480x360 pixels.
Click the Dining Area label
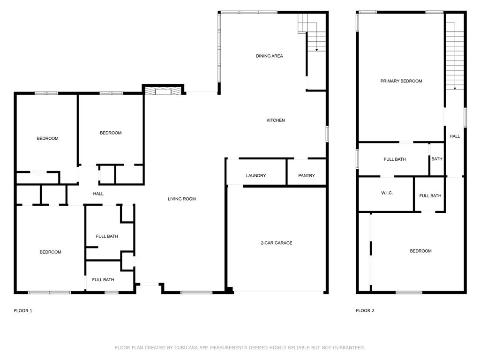point(269,56)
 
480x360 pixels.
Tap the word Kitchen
point(276,120)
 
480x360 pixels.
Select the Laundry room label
point(256,176)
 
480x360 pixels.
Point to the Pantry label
point(307,176)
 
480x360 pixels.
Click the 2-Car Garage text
point(277,243)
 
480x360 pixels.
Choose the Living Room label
point(182,199)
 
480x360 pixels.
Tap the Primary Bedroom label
point(401,81)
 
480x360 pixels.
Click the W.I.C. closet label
point(387,193)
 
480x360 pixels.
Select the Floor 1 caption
point(23,311)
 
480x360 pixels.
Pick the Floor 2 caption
point(365,311)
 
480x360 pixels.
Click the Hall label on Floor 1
point(98,194)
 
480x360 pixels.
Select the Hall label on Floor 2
point(455,136)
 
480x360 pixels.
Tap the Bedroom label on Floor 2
point(420,251)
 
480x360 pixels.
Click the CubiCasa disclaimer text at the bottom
point(240,348)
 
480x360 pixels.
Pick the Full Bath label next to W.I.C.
point(430,196)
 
